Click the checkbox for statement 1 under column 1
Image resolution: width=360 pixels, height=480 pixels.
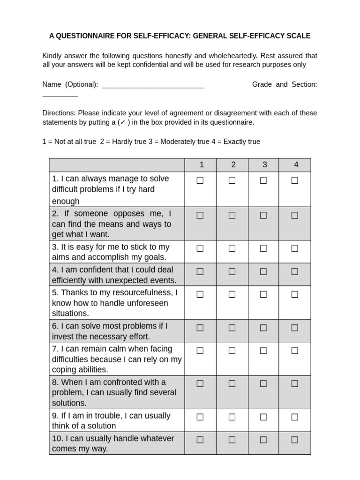[200, 180]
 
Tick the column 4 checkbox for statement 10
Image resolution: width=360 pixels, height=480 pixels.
[295, 440]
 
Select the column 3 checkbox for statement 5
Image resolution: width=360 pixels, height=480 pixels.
[263, 294]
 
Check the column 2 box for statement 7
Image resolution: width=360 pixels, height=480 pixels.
[232, 351]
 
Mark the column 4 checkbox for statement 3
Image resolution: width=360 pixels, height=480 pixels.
[295, 248]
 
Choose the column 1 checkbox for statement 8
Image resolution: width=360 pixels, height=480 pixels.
[200, 383]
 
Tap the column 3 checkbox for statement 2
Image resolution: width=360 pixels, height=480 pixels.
[263, 215]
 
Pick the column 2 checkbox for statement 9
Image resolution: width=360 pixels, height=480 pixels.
[232, 417]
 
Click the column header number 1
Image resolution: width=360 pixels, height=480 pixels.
[202, 165]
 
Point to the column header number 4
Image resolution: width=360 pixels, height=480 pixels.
[296, 165]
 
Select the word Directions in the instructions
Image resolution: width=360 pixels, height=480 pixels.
[59, 113]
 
